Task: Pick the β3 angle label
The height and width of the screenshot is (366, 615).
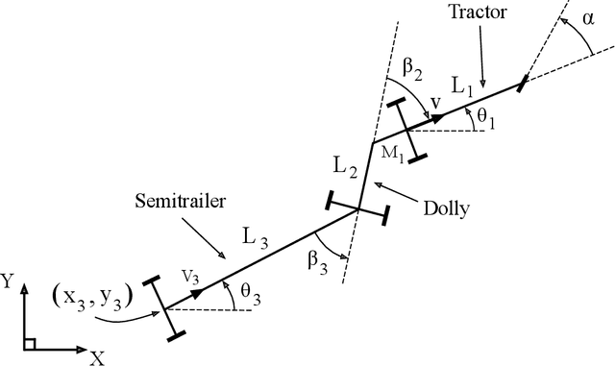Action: pos(320,259)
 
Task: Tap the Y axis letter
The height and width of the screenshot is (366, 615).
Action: pos(9,281)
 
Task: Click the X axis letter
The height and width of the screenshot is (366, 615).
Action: pos(97,357)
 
